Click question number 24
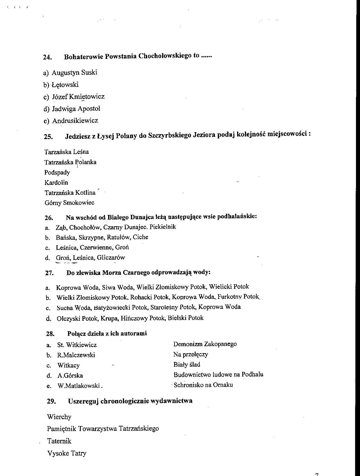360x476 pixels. tap(47, 57)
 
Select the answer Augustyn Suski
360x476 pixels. tap(74, 72)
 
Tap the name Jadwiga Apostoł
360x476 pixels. tap(76, 109)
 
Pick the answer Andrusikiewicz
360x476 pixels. tap(75, 121)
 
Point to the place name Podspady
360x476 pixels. tap(57, 173)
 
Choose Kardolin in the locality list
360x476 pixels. tap(56, 183)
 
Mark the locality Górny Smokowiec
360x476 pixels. tap(70, 203)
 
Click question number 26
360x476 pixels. tap(49, 218)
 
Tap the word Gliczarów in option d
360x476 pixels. tap(111, 258)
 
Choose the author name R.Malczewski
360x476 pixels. tap(76, 355)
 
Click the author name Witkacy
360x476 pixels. tap(68, 366)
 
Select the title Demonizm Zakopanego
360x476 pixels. tap(205, 344)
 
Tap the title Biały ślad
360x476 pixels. tap(187, 365)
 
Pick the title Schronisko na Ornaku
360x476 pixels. tap(203, 385)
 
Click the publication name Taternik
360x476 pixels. tap(59, 441)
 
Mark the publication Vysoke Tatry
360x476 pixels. tap(67, 453)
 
